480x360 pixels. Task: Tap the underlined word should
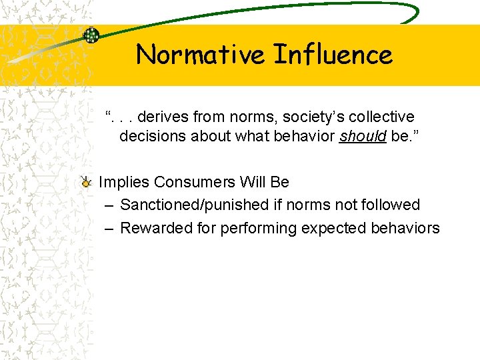pos(363,137)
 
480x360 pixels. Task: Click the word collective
pos(383,117)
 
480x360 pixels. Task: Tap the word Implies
pos(123,182)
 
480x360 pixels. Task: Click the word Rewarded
pos(154,228)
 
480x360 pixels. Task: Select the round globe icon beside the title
pos(91,35)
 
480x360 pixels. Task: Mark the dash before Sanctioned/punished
pos(109,205)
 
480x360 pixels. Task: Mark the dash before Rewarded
pos(109,228)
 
